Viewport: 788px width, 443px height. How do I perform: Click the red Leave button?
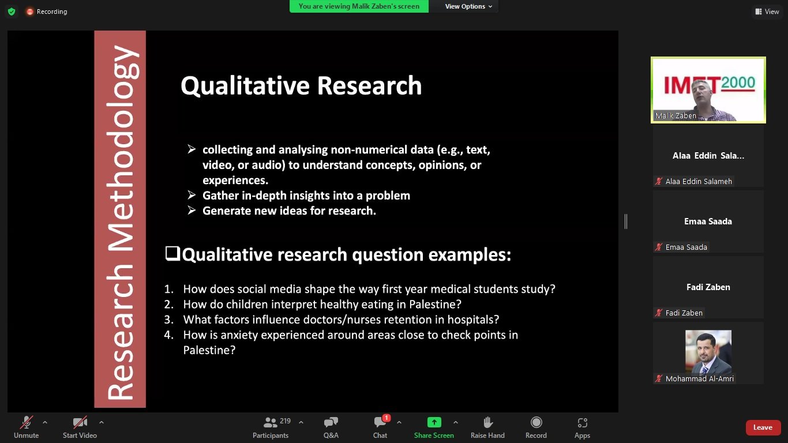pyautogui.click(x=763, y=427)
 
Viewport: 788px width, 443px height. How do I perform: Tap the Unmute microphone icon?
pyautogui.click(x=27, y=422)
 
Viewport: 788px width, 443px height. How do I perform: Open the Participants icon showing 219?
pyautogui.click(x=270, y=422)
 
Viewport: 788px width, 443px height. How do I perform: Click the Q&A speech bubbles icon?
pyautogui.click(x=331, y=422)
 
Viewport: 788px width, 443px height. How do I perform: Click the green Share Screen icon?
pyautogui.click(x=434, y=422)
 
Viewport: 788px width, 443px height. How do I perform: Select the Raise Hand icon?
pyautogui.click(x=487, y=422)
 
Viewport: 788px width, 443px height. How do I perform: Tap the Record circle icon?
pyautogui.click(x=536, y=422)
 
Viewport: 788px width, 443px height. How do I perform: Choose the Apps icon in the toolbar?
pyautogui.click(x=582, y=422)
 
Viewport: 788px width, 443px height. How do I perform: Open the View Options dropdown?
pyautogui.click(x=468, y=6)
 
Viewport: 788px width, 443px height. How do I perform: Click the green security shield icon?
pyautogui.click(x=12, y=12)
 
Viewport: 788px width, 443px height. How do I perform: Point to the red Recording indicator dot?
pyautogui.click(x=30, y=12)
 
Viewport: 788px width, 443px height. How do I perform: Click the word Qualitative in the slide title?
pyautogui.click(x=245, y=86)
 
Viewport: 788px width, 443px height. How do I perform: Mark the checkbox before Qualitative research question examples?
pyautogui.click(x=172, y=253)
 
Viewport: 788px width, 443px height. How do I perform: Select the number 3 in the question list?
pyautogui.click(x=168, y=320)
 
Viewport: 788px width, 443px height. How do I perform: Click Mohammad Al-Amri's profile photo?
pyautogui.click(x=708, y=351)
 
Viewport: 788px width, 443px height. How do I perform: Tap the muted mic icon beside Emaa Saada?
pyautogui.click(x=659, y=247)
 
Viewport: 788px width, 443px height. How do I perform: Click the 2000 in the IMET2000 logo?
pyautogui.click(x=738, y=83)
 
